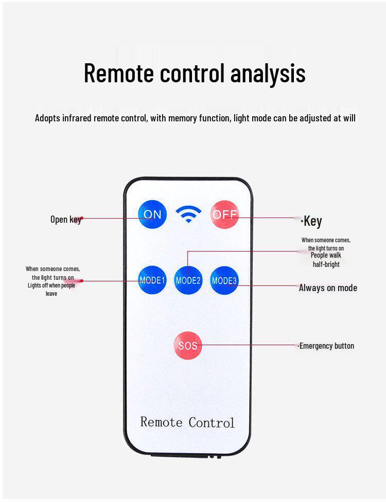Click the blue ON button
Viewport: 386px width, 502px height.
coord(152,214)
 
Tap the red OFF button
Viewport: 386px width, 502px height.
coord(224,214)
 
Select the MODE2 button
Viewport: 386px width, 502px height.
coord(188,280)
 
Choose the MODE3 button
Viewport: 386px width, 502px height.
coord(224,280)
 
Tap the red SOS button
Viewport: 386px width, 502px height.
coord(187,346)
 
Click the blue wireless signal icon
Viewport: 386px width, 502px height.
coord(188,213)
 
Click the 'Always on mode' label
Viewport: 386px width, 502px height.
coord(328,288)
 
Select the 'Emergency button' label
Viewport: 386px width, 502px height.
coord(327,346)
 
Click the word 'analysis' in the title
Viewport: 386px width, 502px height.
coord(268,73)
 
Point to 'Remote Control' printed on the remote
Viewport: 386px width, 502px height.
coord(187,423)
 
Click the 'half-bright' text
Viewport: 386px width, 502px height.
coord(326,264)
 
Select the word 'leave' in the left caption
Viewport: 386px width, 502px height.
coord(51,294)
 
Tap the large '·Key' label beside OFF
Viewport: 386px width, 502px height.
coord(312,221)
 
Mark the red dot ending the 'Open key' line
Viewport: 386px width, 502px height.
coord(81,218)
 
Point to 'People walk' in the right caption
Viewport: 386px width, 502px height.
coord(326,256)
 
